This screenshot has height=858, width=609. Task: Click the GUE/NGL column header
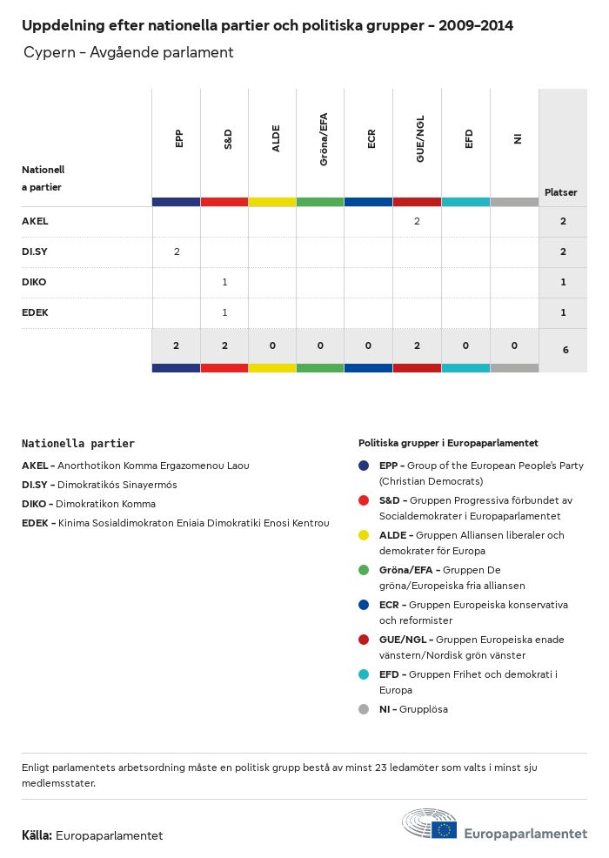(x=420, y=144)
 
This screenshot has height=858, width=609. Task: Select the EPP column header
(x=178, y=138)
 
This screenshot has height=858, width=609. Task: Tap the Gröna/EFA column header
(x=324, y=144)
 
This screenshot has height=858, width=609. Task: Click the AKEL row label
(x=35, y=221)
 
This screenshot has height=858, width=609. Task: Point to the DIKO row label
(x=34, y=282)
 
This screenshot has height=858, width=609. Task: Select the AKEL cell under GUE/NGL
(x=417, y=221)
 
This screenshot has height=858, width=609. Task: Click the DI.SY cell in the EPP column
(x=177, y=251)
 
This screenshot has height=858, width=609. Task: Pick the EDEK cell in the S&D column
(x=224, y=312)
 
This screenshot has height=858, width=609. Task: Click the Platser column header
(x=561, y=192)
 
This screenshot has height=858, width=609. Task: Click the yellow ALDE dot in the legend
(x=365, y=535)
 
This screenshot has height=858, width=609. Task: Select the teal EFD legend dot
(x=365, y=674)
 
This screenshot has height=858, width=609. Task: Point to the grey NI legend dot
(x=365, y=709)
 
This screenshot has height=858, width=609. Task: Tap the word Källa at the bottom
(x=37, y=835)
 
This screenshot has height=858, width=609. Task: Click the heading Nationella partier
(x=78, y=444)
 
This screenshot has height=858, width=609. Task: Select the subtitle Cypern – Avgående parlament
(x=129, y=52)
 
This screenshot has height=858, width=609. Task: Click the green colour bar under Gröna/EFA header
(x=320, y=202)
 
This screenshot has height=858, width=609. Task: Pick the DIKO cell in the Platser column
(x=563, y=282)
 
